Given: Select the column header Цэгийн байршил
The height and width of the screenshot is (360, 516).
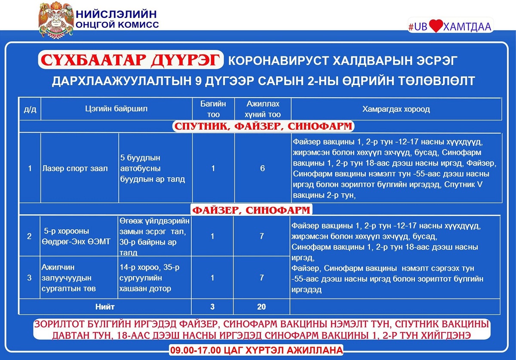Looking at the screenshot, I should (x=116, y=109).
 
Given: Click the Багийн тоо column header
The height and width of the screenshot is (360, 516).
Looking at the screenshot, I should (x=213, y=109).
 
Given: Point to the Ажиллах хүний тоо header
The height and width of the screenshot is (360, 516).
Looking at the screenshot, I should (x=262, y=109).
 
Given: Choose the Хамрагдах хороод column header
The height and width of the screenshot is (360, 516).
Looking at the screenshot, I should (x=396, y=109).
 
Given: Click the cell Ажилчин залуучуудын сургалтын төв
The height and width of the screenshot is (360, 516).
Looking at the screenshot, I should (x=69, y=278).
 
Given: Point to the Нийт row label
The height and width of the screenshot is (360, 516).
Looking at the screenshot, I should (x=105, y=307).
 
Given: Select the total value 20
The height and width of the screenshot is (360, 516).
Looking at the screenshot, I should (x=261, y=307).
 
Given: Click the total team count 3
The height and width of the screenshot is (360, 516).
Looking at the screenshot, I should (x=212, y=307).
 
